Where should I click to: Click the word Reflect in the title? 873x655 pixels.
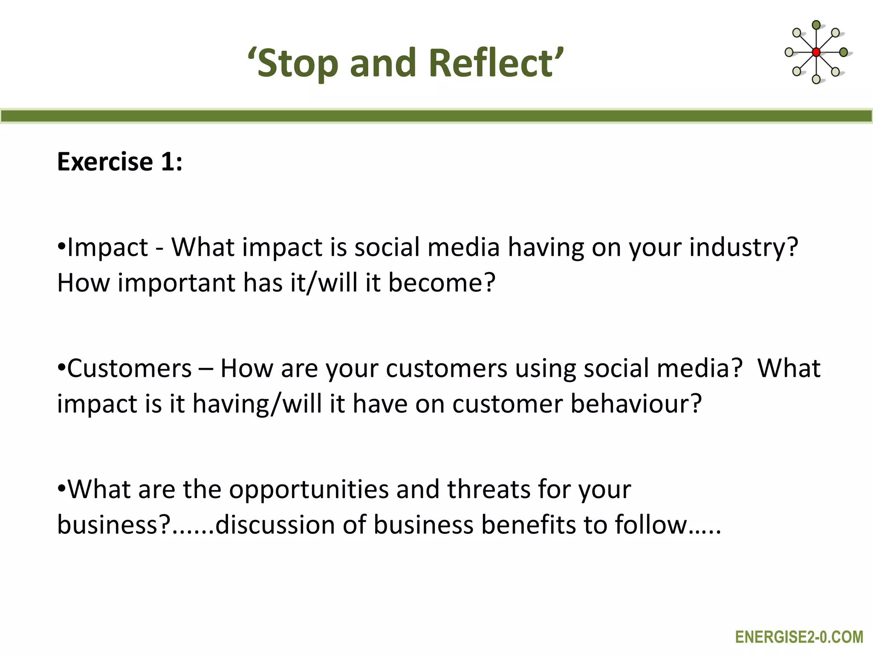[494, 63]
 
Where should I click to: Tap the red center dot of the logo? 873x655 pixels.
[816, 52]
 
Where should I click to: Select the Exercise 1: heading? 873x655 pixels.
[120, 162]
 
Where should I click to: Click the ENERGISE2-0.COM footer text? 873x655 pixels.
[799, 637]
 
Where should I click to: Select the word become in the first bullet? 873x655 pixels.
[442, 283]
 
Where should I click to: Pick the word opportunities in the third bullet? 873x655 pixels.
[309, 489]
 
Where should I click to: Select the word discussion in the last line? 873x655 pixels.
[275, 525]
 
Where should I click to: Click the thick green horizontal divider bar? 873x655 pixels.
[436, 116]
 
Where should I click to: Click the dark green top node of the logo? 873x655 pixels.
[816, 25]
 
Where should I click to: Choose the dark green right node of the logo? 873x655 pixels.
[843, 52]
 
